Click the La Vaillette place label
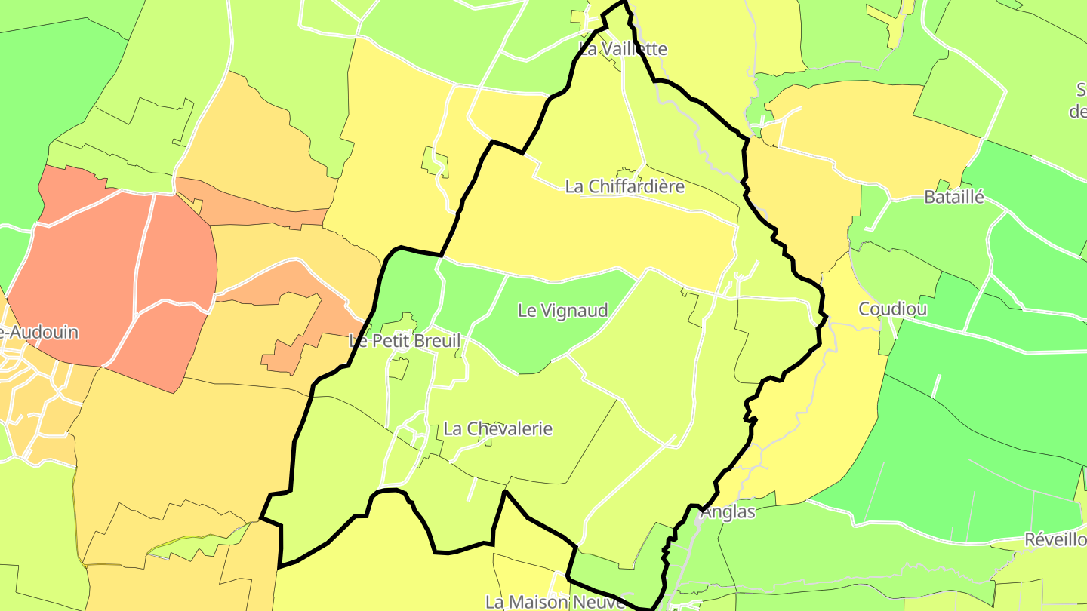[623, 49]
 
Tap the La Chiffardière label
[625, 186]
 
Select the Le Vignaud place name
[563, 310]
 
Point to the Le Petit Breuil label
[405, 341]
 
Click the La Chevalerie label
[498, 429]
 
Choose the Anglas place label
[728, 512]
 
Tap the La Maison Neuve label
[555, 602]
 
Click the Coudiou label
[893, 309]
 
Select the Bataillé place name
[954, 198]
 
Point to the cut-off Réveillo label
[1055, 540]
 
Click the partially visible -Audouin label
[39, 333]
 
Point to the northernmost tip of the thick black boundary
[625, 3]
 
